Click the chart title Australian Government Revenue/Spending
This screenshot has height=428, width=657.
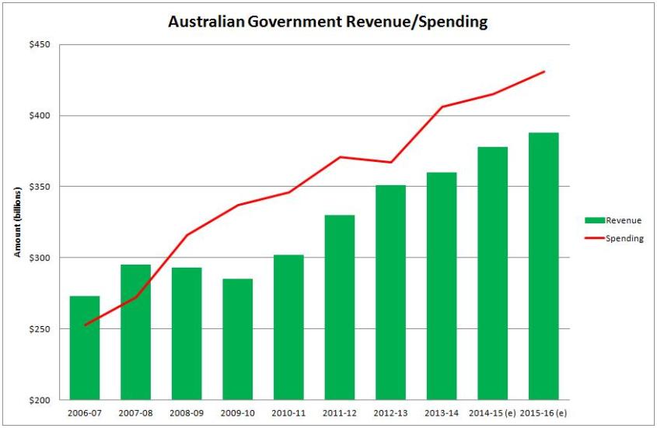(328, 22)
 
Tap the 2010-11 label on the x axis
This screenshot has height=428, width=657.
(288, 412)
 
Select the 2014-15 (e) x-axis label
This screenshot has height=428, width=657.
(493, 412)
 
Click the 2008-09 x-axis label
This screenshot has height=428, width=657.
(187, 412)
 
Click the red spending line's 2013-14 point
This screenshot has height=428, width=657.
(442, 107)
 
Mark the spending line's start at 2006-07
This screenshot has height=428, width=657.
(85, 325)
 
